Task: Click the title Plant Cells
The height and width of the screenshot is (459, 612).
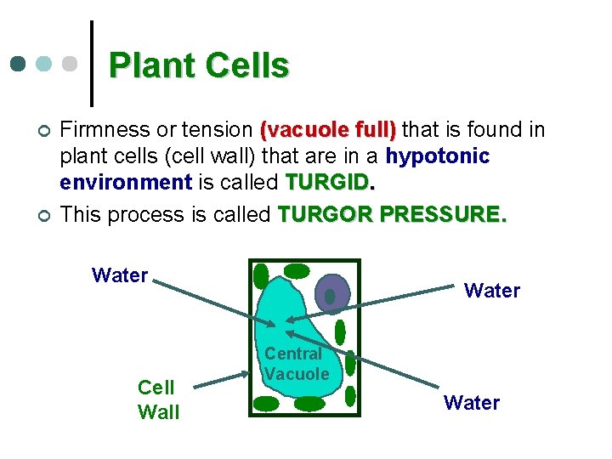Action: point(199,65)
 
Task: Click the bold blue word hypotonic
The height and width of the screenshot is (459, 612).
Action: point(437,156)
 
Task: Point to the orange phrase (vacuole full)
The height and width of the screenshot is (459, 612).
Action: point(328,130)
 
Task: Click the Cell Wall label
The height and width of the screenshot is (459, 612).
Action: point(158,399)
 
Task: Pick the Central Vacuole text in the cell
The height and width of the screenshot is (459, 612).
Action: point(296,364)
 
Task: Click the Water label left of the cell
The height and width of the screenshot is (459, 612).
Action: point(120,275)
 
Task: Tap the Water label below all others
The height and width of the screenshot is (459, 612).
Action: point(471,402)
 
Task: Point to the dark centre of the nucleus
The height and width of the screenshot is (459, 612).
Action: point(331,297)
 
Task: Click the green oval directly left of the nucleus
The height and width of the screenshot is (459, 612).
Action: point(297,271)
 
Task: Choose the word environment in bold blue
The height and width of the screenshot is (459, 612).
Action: point(125,183)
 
